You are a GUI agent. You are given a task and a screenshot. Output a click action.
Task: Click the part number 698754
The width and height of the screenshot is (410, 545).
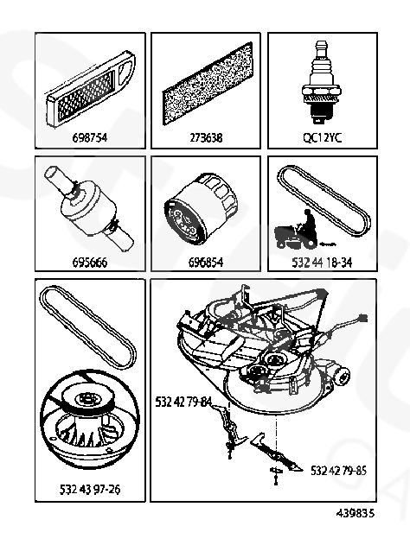click(90, 138)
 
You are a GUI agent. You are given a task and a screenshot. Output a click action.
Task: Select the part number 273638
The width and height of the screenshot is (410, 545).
click(206, 138)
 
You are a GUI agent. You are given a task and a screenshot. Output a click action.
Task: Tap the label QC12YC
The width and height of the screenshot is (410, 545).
click(323, 138)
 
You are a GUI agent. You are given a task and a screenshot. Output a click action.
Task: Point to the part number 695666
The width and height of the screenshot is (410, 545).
click(90, 262)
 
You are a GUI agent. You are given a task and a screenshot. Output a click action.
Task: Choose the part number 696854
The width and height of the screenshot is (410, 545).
click(206, 262)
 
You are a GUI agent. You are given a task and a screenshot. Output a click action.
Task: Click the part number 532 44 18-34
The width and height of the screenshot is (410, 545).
click(322, 262)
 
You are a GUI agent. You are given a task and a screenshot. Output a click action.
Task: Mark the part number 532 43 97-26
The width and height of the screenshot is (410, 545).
click(90, 490)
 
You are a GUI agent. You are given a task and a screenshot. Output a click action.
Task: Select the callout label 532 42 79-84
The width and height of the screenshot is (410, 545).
click(183, 402)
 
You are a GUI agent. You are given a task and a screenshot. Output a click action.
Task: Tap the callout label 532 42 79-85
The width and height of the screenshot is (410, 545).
click(339, 471)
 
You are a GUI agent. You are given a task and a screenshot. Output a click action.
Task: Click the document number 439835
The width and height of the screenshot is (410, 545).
click(356, 513)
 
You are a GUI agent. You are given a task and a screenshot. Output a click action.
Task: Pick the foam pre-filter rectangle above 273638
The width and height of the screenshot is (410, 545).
click(208, 84)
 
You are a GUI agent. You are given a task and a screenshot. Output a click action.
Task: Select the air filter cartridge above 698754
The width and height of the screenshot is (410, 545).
click(91, 91)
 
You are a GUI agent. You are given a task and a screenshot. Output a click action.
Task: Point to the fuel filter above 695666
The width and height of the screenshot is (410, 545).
click(90, 208)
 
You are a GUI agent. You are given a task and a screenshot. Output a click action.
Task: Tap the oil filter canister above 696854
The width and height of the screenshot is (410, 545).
click(202, 208)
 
